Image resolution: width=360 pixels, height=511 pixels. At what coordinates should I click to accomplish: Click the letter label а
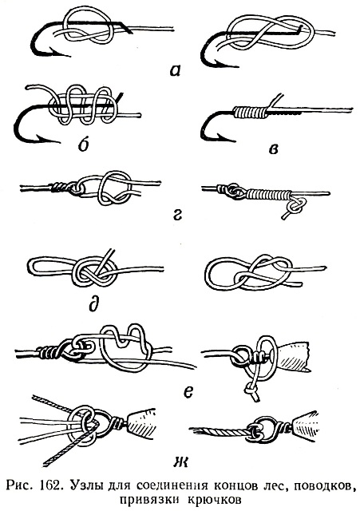(x=175, y=70)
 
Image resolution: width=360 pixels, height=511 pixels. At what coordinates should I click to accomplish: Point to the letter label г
(x=177, y=215)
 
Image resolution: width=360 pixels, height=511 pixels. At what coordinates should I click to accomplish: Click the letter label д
(x=93, y=304)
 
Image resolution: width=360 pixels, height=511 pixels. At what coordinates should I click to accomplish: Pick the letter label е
(x=188, y=392)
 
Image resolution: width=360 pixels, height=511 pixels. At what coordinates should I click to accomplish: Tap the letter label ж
(x=180, y=461)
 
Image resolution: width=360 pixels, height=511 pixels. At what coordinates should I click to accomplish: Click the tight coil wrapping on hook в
(x=250, y=112)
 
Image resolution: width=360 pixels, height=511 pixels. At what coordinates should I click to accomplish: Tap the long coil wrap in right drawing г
(x=267, y=194)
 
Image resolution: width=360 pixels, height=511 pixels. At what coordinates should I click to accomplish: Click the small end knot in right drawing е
(x=251, y=390)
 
